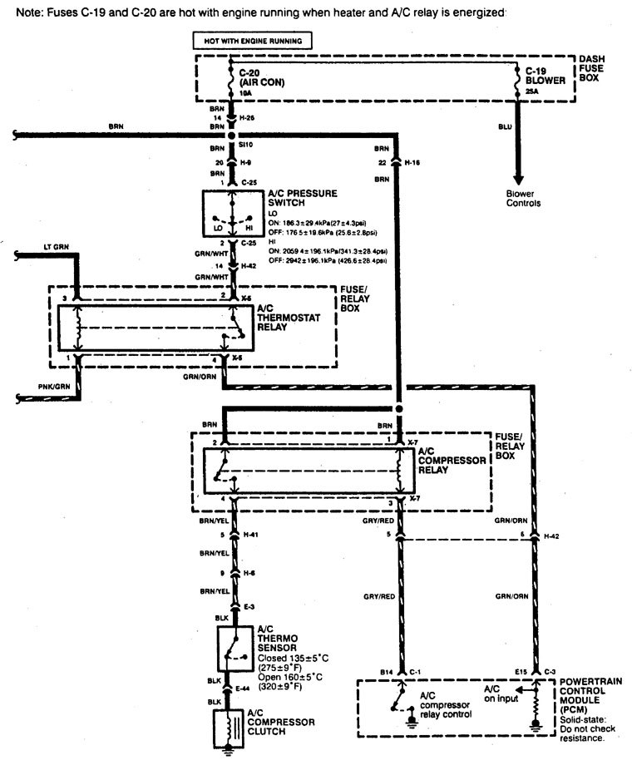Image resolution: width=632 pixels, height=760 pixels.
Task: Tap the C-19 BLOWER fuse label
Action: tap(546, 76)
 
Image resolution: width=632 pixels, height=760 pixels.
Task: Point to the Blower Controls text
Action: tap(523, 198)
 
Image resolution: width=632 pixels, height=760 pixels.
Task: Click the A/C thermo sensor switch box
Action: tap(233, 648)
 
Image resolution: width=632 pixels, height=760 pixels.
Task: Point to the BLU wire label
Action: tap(505, 127)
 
